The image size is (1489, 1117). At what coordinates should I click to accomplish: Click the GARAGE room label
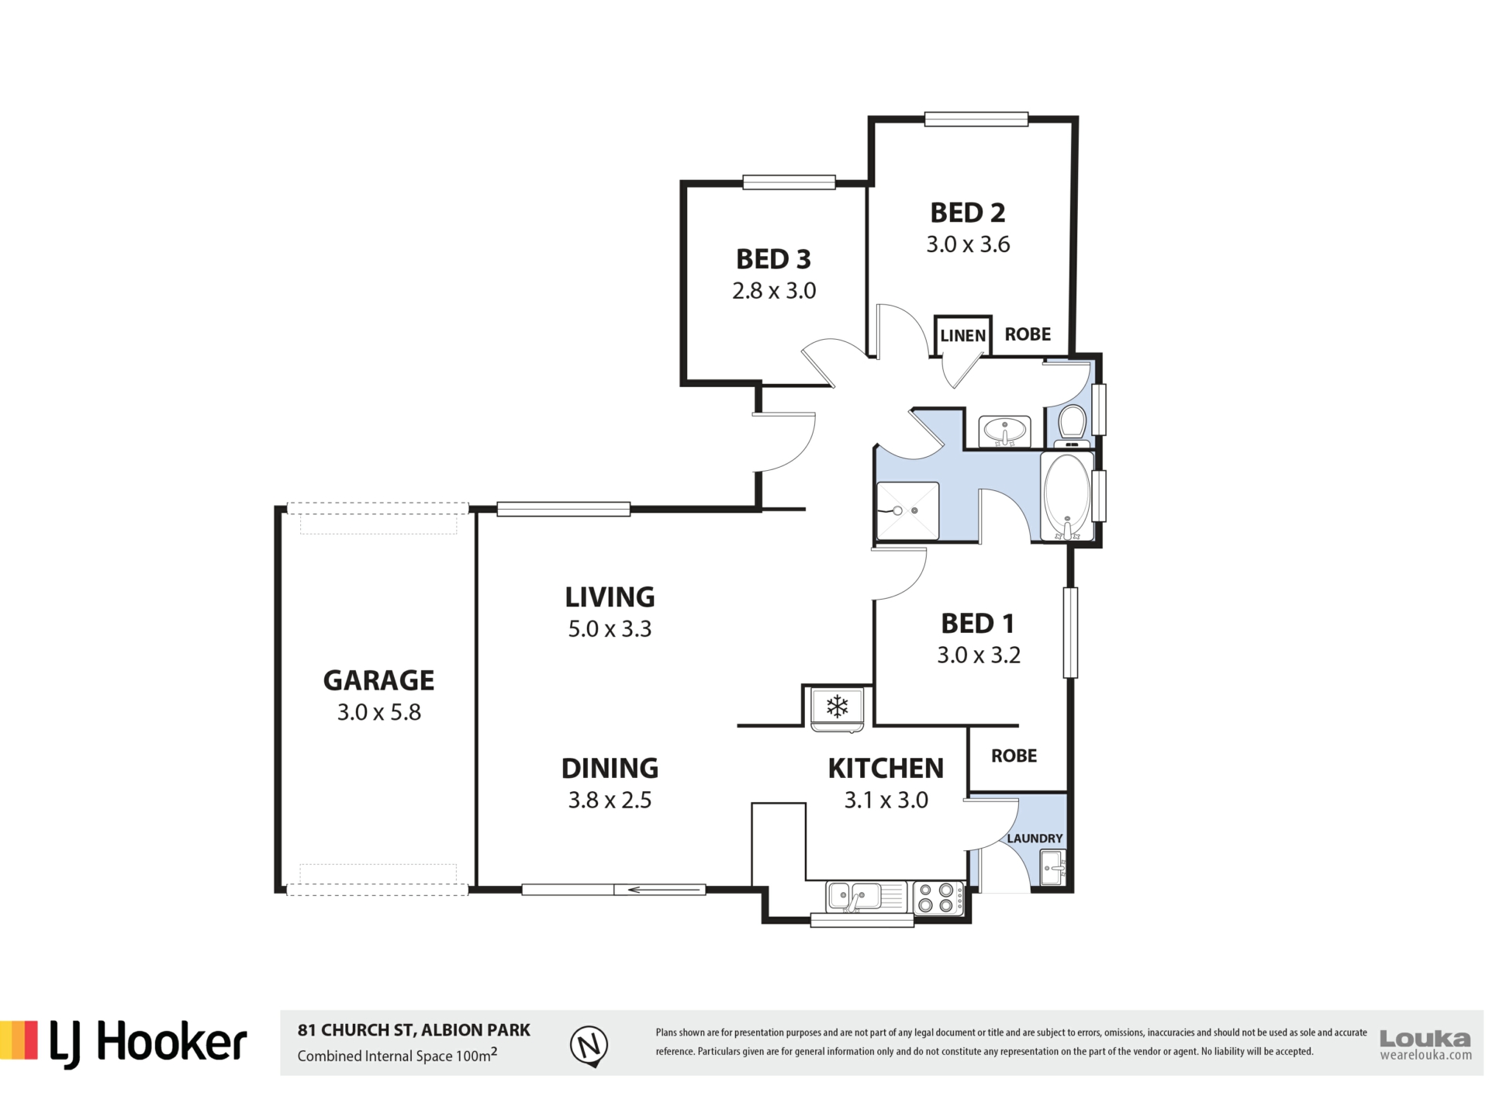point(378,680)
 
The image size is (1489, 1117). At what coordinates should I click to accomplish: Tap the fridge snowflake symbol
point(837,706)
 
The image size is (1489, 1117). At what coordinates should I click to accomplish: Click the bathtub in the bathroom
point(1068,497)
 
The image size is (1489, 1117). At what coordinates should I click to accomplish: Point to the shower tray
point(907,511)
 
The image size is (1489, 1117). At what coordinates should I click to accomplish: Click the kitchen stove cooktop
point(938,898)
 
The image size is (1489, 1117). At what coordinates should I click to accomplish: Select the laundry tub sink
point(1053,867)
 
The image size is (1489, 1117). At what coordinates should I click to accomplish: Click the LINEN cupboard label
point(962,336)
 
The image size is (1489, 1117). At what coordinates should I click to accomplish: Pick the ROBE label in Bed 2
point(1028,334)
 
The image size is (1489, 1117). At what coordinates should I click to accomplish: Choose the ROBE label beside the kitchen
point(1014,756)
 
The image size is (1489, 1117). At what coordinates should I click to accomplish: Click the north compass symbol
point(589,1046)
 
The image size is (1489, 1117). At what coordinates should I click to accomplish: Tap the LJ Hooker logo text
point(148,1043)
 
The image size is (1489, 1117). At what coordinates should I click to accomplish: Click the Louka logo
point(1425,1043)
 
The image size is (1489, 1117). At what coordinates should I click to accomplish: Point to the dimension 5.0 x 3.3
point(610,629)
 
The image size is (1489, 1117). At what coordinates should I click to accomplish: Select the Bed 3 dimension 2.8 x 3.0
point(774,291)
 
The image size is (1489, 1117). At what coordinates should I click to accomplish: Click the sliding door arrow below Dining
point(659,890)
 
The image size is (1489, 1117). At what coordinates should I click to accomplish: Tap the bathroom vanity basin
point(1004,431)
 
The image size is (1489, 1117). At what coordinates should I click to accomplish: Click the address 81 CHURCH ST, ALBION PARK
point(414,1030)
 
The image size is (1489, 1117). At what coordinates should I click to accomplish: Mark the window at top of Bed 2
point(976,119)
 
